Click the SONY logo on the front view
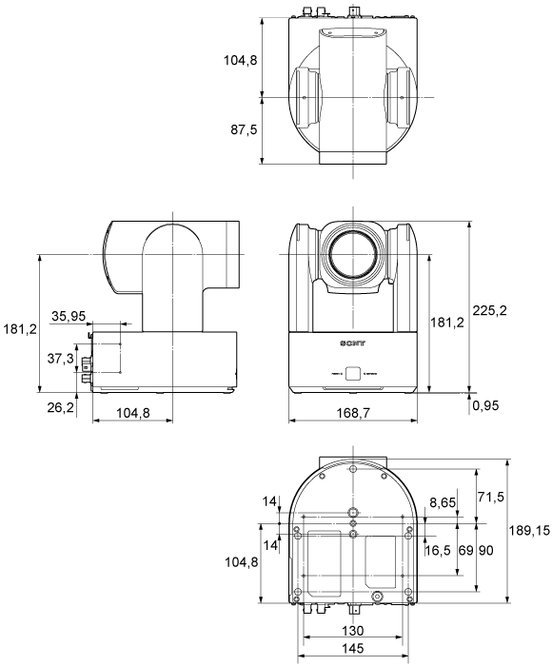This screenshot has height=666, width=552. pos(352,340)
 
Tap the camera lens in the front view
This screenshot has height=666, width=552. pos(353,255)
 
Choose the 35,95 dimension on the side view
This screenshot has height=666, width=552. pos(72,316)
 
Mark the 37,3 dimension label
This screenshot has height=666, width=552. pos(60,359)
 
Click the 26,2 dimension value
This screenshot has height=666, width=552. pos(60,406)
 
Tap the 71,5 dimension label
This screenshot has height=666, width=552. pos(491,498)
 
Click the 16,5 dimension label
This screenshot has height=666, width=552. pos(439,549)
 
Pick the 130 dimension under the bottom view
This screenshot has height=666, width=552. pos(353,630)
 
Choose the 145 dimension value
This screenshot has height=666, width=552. pos(353,649)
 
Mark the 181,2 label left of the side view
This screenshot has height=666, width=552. pos(19,330)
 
